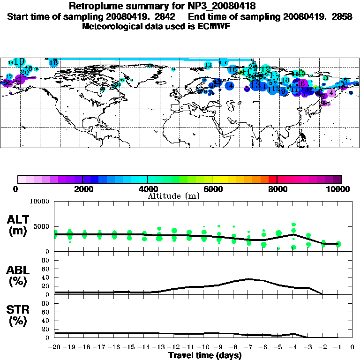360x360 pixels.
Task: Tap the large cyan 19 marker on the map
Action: click(x=19, y=61)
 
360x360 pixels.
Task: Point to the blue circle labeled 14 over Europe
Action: click(x=229, y=86)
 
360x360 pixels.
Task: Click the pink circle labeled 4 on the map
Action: click(x=332, y=93)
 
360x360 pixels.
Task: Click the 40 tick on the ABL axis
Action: click(x=46, y=277)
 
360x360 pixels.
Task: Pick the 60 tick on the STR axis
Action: click(x=46, y=312)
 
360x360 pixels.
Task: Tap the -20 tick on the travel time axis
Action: click(x=55, y=348)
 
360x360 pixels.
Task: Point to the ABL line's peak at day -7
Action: click(x=249, y=279)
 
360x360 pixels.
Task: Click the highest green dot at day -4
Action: click(x=293, y=225)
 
